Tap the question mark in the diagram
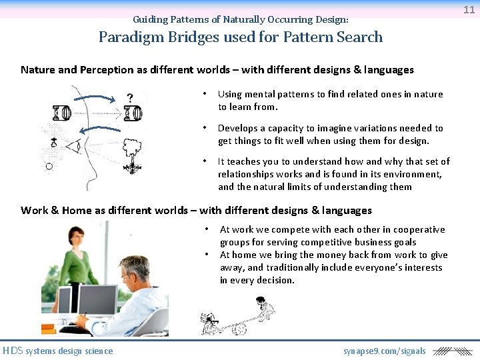click(129, 97)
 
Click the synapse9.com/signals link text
click(384, 351)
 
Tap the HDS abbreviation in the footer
click(13, 351)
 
